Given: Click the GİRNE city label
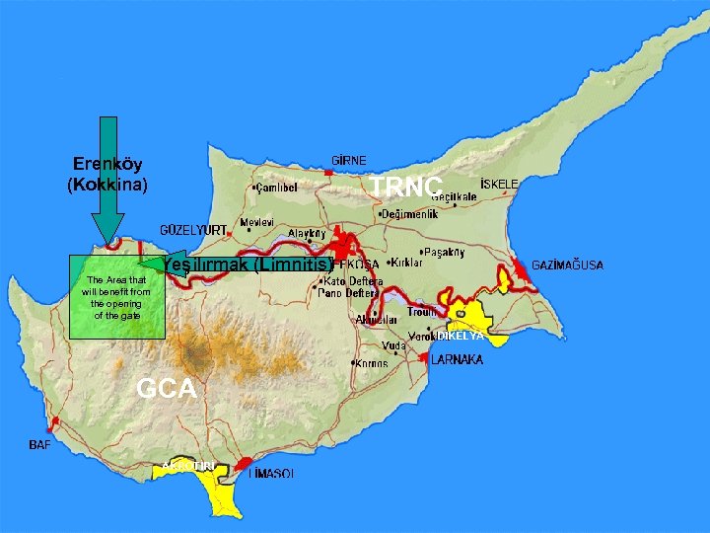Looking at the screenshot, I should [x=349, y=160].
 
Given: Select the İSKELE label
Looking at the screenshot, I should [x=499, y=185].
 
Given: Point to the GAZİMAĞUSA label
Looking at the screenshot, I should [x=568, y=266].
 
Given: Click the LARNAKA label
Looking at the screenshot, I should [x=457, y=360].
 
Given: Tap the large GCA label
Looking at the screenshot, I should [x=167, y=389].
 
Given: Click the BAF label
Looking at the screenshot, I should [x=40, y=445].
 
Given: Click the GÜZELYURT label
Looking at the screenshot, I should [x=194, y=229].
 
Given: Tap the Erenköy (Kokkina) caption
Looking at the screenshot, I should [x=107, y=174].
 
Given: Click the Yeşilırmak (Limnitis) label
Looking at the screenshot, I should [x=247, y=265].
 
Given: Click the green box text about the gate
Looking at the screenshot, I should [x=116, y=297].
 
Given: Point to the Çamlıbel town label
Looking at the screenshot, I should [x=278, y=187].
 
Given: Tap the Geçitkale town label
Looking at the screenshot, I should [x=454, y=197].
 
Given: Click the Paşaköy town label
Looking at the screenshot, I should [x=444, y=252].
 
